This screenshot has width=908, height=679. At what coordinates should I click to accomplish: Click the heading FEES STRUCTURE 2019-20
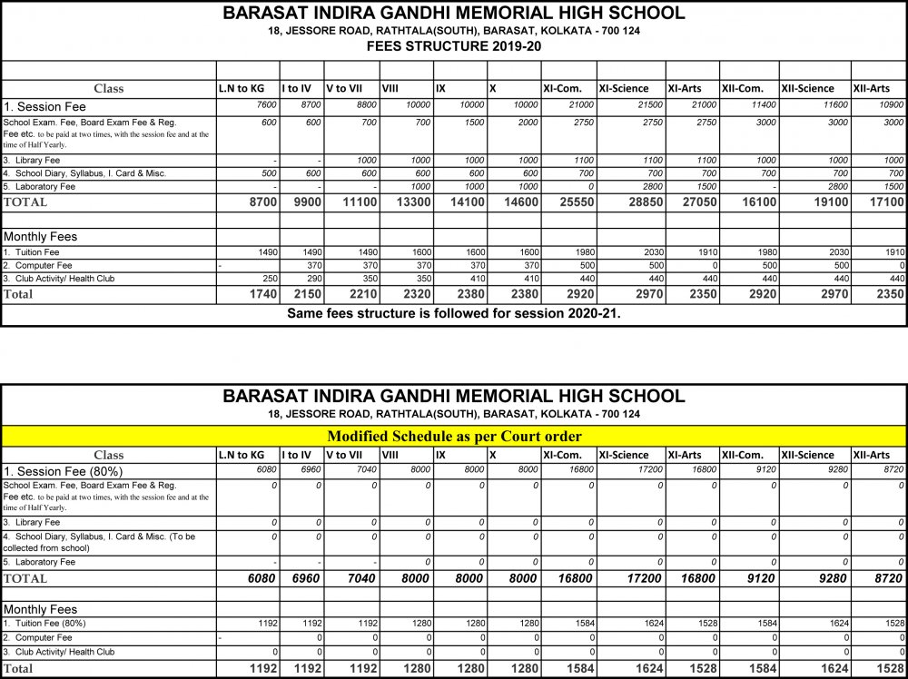pyautogui.click(x=454, y=46)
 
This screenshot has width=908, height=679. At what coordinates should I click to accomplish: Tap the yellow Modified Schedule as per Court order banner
pyautogui.click(x=454, y=437)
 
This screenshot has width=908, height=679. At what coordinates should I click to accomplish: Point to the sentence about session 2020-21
pyautogui.click(x=454, y=314)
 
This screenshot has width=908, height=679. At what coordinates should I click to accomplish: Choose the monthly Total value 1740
pyautogui.click(x=258, y=294)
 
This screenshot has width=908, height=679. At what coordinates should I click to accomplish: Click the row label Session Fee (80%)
pyautogui.click(x=64, y=471)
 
